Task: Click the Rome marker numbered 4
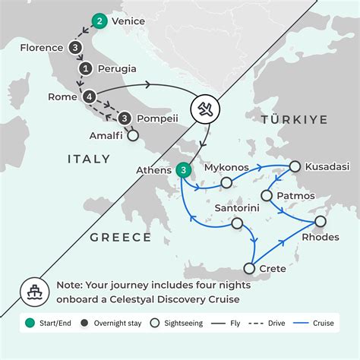coord(90,97)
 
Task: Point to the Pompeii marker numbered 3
coord(125,118)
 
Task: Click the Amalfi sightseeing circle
coord(134,137)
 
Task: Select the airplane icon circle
coord(206,108)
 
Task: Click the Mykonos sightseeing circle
coord(226,182)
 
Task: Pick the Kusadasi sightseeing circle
coord(295,166)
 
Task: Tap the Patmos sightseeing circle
coord(267,196)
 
